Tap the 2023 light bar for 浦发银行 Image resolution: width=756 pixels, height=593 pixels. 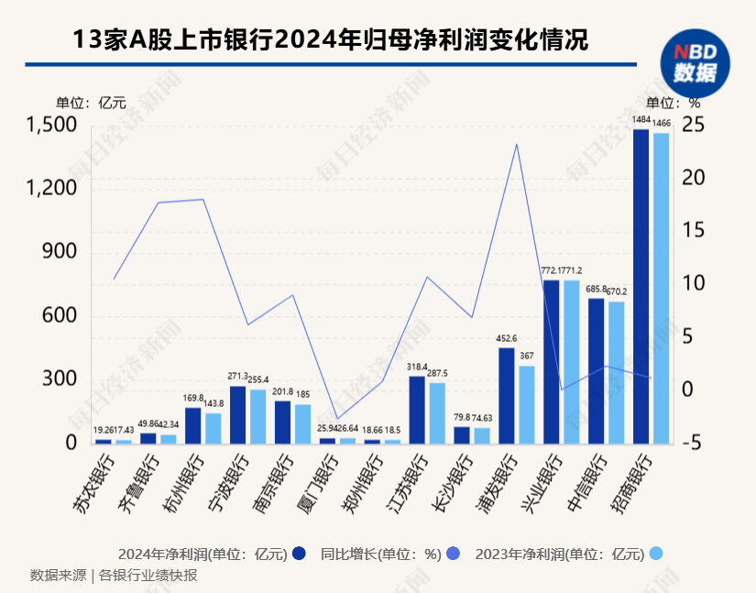click(526, 404)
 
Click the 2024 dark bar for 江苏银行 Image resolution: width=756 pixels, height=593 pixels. click(417, 410)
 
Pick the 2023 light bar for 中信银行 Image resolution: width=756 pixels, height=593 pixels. click(616, 372)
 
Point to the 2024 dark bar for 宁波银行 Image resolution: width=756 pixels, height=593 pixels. click(237, 414)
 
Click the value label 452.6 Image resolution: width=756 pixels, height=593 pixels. click(506, 338)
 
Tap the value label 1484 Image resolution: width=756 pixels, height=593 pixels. click(641, 121)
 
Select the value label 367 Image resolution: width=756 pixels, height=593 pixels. click(526, 356)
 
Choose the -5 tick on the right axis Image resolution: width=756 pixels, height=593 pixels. click(693, 444)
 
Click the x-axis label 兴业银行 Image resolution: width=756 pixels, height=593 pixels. click(538, 482)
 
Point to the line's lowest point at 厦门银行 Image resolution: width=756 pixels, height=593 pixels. click(337, 419)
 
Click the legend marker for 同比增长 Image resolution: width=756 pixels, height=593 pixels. click(450, 554)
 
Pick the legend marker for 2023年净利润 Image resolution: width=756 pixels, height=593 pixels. click(655, 554)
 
